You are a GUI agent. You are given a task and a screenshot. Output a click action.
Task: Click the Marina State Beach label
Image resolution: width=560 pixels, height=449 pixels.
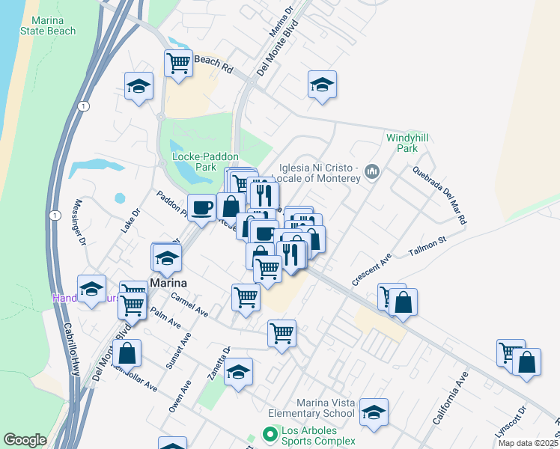point(50,25)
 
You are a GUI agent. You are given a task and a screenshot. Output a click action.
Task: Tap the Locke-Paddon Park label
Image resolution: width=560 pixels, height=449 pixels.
point(204,162)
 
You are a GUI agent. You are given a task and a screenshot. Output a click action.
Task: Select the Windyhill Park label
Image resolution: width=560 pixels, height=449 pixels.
point(401,143)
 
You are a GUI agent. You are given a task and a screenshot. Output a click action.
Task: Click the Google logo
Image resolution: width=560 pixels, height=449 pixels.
point(25,439)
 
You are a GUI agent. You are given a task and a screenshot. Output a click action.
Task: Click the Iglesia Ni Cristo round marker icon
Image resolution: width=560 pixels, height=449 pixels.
point(372,174)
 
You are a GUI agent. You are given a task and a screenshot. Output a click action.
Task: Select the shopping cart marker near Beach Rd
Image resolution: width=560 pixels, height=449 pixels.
point(178,63)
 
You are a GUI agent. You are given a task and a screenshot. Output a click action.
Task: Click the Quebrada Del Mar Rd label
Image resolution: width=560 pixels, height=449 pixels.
point(439,195)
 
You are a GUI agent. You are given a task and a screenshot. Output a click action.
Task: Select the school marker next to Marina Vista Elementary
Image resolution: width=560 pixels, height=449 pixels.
point(374,412)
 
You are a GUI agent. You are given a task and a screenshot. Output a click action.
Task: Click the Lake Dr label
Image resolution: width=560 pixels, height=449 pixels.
point(131,221)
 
